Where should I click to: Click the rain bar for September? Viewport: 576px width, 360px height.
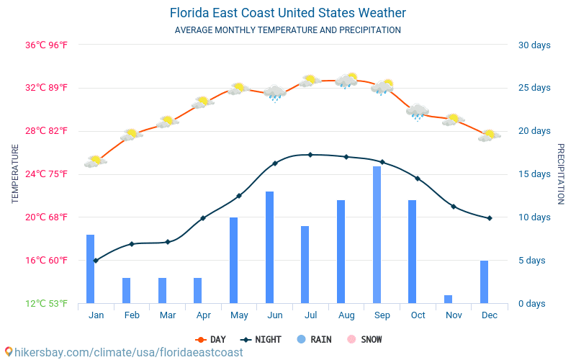pyautogui.click(x=377, y=235)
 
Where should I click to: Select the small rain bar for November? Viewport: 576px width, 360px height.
pyautogui.click(x=448, y=299)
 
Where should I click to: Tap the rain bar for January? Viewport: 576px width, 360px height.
pyautogui.click(x=91, y=269)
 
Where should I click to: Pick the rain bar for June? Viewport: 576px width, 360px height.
pyautogui.click(x=269, y=247)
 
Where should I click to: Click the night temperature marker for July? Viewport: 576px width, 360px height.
pyautogui.click(x=310, y=155)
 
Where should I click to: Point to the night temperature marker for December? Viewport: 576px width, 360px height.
pyautogui.click(x=490, y=218)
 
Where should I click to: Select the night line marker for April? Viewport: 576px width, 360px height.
pyautogui.click(x=203, y=217)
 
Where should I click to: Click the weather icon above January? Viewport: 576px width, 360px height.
pyautogui.click(x=95, y=161)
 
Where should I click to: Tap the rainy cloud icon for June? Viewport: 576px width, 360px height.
pyautogui.click(x=274, y=92)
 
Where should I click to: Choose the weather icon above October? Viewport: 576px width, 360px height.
pyautogui.click(x=418, y=112)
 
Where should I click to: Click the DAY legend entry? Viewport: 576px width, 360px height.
pyautogui.click(x=210, y=339)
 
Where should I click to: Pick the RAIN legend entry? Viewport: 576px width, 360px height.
pyautogui.click(x=313, y=339)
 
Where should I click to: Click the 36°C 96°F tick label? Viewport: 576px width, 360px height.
pyautogui.click(x=47, y=45)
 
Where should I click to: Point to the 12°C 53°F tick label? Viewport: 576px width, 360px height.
pyautogui.click(x=47, y=303)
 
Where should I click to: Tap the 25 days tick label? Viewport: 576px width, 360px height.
pyautogui.click(x=534, y=88)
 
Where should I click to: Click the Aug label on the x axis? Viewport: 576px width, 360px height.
pyautogui.click(x=346, y=315)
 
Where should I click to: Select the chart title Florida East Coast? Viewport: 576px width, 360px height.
pyautogui.click(x=288, y=13)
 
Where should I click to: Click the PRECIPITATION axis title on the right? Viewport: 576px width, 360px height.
pyautogui.click(x=562, y=174)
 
